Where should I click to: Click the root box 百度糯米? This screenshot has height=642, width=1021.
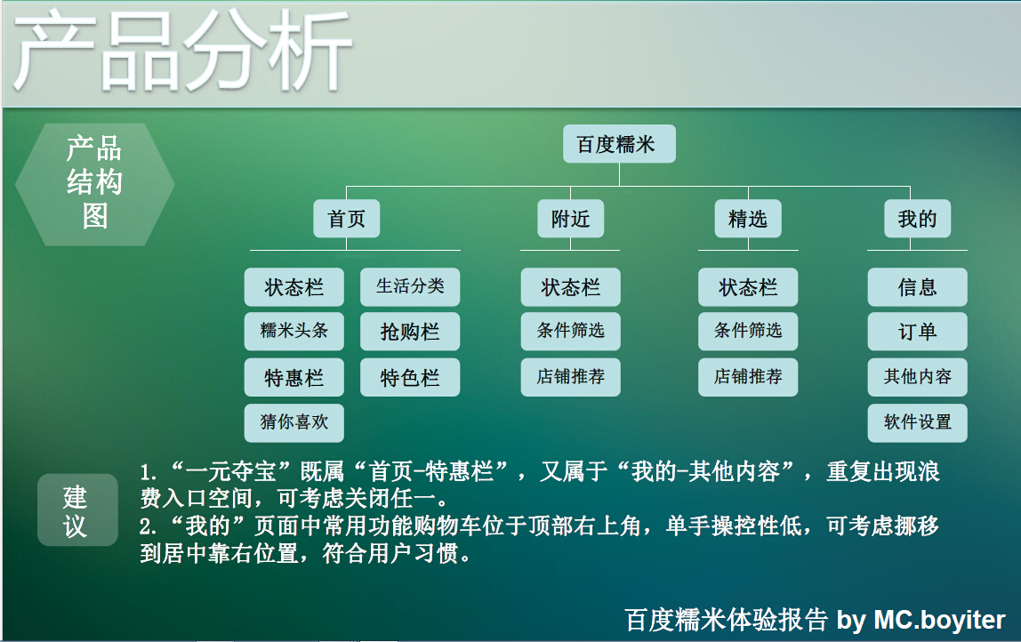pos(619,144)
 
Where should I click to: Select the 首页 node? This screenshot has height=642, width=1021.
pos(346,219)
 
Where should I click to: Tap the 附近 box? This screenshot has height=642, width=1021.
pos(570,219)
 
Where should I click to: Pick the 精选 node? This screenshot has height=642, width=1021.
pos(747,219)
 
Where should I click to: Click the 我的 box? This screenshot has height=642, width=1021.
pos(917,219)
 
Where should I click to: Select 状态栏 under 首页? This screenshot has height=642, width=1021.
pos(293,287)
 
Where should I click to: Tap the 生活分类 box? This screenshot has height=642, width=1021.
pos(410,286)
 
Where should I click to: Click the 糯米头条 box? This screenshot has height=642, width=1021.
pos(293,331)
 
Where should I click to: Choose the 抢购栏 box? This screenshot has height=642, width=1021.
pos(410,332)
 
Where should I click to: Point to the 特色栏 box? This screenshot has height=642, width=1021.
pos(410,378)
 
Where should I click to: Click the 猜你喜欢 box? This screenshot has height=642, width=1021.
pos(293,422)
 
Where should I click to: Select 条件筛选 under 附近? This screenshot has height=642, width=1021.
pos(570,331)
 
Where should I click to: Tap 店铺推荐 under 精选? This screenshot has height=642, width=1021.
pos(747,377)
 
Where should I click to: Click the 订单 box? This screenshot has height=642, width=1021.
pos(917,332)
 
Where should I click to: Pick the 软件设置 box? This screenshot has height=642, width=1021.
pos(917,422)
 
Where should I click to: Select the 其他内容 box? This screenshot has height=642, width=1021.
pos(917,377)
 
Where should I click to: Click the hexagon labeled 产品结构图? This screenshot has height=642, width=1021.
pos(95,184)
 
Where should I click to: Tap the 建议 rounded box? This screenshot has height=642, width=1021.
pos(76,510)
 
